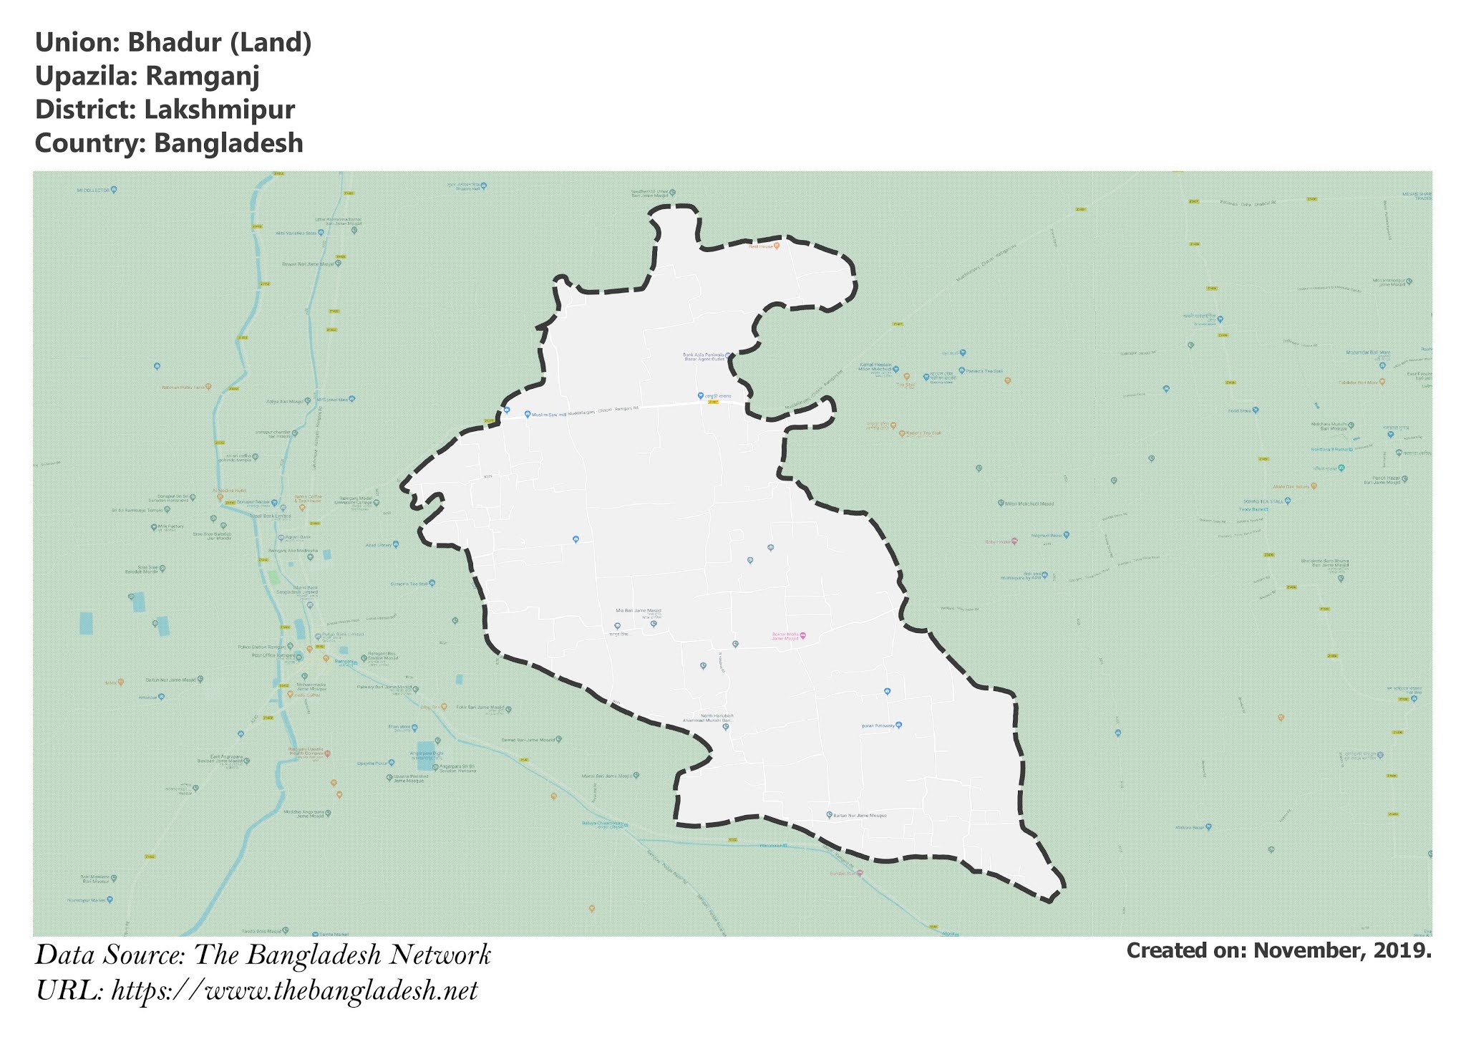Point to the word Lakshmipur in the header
pyautogui.click(x=219, y=110)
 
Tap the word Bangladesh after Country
pyautogui.click(x=228, y=143)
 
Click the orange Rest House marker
pyautogui.click(x=776, y=245)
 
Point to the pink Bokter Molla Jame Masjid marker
pyautogui.click(x=802, y=635)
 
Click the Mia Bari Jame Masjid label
pyautogui.click(x=639, y=611)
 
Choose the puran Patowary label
pyautogui.click(x=878, y=725)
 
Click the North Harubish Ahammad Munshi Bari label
pyautogui.click(x=717, y=718)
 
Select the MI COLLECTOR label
pyautogui.click(x=93, y=190)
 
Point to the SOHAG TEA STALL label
pyautogui.click(x=1262, y=501)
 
